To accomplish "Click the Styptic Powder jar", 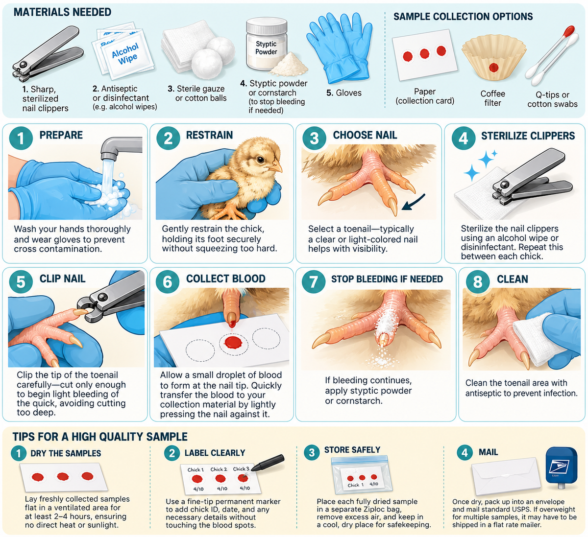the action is click(267, 44).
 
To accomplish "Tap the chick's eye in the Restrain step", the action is click(260, 160).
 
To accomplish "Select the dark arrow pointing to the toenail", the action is click(413, 202).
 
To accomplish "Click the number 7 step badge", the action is click(314, 282).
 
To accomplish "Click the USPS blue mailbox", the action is click(562, 467).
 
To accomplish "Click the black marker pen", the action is click(268, 462).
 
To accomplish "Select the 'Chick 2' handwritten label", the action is click(219, 469).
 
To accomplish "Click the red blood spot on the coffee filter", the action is click(493, 68).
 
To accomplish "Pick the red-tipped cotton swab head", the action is click(569, 30).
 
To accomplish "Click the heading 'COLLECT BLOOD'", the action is click(226, 279).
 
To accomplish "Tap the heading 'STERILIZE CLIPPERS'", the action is click(528, 136).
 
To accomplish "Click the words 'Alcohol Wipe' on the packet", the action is click(125, 54).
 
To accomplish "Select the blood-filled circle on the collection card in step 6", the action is click(233, 343).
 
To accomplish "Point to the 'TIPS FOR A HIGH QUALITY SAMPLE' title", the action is click(100, 437).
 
